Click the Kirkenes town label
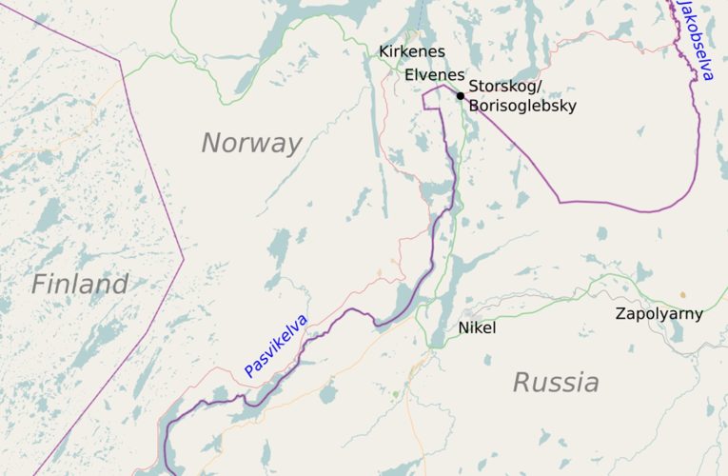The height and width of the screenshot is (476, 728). [412, 51]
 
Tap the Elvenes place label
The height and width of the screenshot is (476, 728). [434, 74]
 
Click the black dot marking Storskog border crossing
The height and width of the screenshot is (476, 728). [460, 95]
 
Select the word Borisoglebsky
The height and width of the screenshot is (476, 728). [522, 107]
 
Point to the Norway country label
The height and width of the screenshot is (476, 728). [251, 144]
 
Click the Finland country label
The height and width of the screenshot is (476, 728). [79, 284]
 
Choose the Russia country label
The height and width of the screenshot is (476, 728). [556, 383]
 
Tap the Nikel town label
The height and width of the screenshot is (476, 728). [477, 327]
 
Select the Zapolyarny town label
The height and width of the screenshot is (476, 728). [659, 313]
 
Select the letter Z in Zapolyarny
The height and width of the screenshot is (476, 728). [620, 313]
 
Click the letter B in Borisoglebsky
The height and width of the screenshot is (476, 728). [474, 107]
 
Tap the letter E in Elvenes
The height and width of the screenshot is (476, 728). [409, 74]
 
